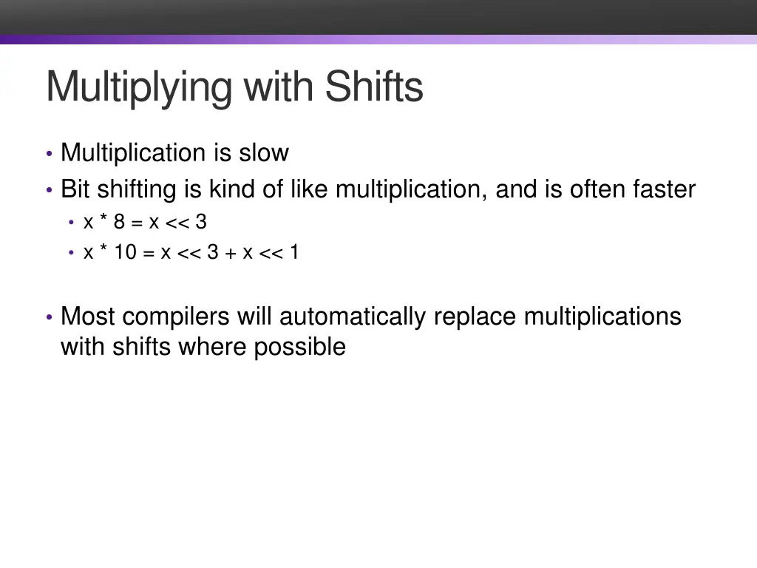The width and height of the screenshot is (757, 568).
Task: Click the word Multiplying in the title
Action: (141, 87)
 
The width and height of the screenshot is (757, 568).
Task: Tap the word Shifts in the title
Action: (374, 87)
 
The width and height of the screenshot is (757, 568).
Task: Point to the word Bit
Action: (76, 189)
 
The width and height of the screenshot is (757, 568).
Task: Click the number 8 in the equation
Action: (120, 221)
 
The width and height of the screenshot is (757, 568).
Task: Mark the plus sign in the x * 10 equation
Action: (231, 253)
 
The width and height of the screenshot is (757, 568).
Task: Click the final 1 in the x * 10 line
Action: (294, 252)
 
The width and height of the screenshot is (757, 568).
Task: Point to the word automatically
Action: (353, 317)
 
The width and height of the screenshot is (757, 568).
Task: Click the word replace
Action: (475, 317)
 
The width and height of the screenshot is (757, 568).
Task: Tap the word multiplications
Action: (602, 317)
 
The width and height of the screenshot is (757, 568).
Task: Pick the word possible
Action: (300, 347)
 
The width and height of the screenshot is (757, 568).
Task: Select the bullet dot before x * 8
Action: (72, 222)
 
